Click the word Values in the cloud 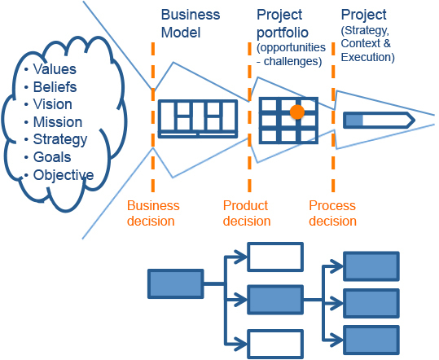coord(55,69)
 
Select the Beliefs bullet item coord(55,87)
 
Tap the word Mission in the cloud coord(58,122)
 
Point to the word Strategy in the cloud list coord(60,140)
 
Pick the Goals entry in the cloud coord(52,157)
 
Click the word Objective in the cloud coord(64,175)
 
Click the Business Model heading coord(191,24)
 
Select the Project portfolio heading coord(282,24)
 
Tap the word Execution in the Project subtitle coord(367,57)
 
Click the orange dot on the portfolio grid coord(297,112)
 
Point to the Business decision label coord(153,213)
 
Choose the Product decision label coord(247,213)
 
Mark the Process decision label coord(332,213)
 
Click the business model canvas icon coord(198,119)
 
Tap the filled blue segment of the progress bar coord(354,121)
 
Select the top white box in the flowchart coord(275,257)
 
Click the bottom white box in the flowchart coord(275,344)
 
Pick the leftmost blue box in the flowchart coord(176,284)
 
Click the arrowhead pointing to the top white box coord(241,257)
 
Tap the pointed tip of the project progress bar coord(415,121)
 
